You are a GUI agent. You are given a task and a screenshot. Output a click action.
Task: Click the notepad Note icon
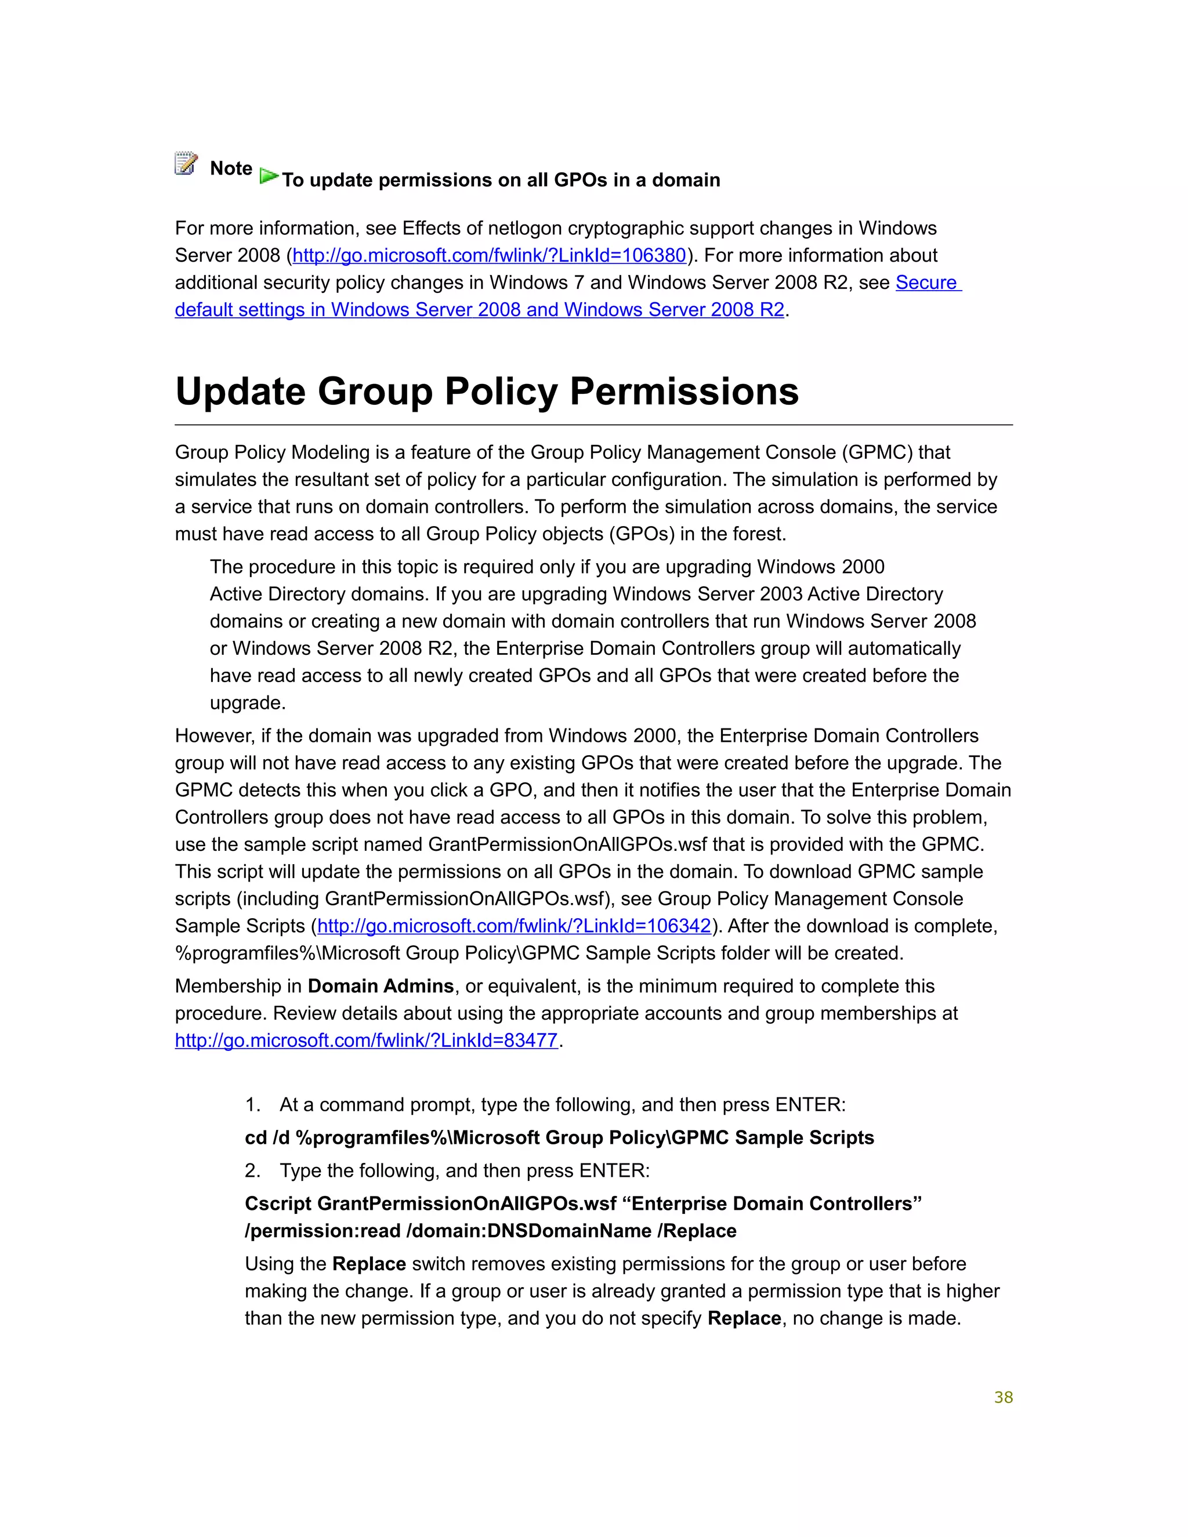pyautogui.click(x=186, y=164)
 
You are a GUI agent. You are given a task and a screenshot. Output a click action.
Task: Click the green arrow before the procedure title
pyautogui.click(x=268, y=176)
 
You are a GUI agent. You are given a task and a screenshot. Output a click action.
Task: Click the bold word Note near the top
pyautogui.click(x=231, y=168)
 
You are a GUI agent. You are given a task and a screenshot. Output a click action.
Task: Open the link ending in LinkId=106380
pyautogui.click(x=489, y=255)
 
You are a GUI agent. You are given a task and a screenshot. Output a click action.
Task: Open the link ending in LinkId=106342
pyautogui.click(x=515, y=926)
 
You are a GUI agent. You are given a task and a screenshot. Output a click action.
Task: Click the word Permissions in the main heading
pyautogui.click(x=684, y=391)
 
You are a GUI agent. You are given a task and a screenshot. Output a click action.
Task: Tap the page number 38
pyautogui.click(x=1003, y=1398)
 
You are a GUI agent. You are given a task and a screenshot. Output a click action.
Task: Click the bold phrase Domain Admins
pyautogui.click(x=381, y=986)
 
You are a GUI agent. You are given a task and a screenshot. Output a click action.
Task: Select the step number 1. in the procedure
pyautogui.click(x=253, y=1105)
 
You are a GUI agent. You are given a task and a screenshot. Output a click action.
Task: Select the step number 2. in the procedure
pyautogui.click(x=253, y=1170)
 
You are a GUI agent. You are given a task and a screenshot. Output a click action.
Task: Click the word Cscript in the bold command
pyautogui.click(x=278, y=1203)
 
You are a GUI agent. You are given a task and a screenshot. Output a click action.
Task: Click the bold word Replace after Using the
pyautogui.click(x=369, y=1264)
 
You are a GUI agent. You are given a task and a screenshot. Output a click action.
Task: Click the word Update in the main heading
pyautogui.click(x=240, y=391)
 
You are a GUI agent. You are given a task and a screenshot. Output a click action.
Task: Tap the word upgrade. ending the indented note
pyautogui.click(x=248, y=703)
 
